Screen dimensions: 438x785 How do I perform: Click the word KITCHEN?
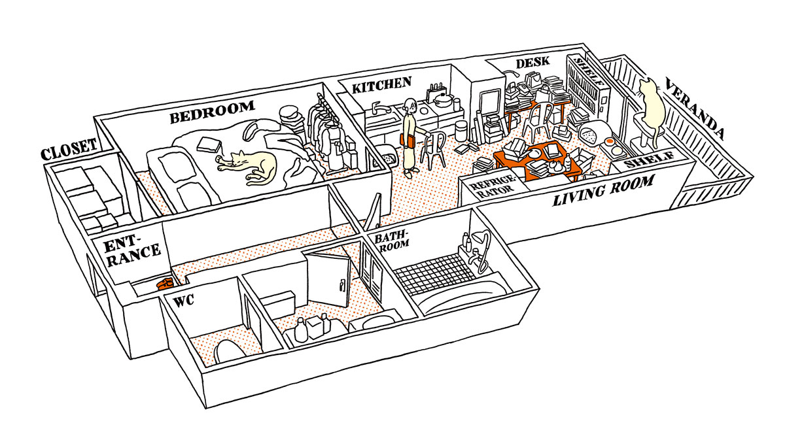click(x=381, y=86)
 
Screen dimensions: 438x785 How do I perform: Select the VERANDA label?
click(x=693, y=109)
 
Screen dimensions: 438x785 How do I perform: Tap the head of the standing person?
click(x=410, y=104)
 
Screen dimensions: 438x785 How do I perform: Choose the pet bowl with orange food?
click(x=610, y=141)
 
